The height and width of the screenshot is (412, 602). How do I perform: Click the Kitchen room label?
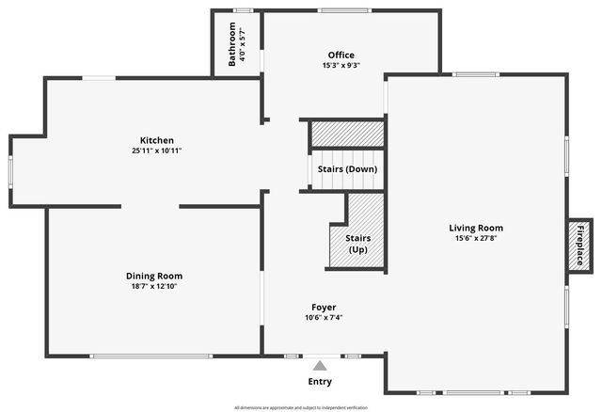point(157,140)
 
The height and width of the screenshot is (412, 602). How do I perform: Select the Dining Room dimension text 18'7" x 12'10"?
point(154,286)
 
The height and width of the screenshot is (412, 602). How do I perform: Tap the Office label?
point(341,55)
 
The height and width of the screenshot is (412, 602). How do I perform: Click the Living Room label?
point(475,228)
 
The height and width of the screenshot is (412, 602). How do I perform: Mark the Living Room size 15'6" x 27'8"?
point(475,238)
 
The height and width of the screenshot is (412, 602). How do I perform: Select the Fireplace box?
point(579,247)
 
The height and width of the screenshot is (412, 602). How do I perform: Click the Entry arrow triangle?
point(320,366)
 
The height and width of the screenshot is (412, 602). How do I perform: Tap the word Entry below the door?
point(320,382)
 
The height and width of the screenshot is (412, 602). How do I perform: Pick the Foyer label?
point(324,307)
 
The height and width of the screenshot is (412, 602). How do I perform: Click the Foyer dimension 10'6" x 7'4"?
point(324,318)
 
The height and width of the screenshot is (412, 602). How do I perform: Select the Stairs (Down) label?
point(347,169)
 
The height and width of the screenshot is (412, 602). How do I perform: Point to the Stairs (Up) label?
point(357,245)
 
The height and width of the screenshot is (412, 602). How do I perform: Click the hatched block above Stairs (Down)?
point(347,135)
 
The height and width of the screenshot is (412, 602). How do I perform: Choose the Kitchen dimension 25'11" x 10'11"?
point(157,151)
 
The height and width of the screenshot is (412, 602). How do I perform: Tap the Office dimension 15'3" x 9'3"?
point(341,65)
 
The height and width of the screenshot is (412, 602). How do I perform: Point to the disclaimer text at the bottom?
point(300,407)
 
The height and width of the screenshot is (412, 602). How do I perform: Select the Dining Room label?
point(154,276)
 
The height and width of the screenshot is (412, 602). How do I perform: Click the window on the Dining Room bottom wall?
point(151,356)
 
